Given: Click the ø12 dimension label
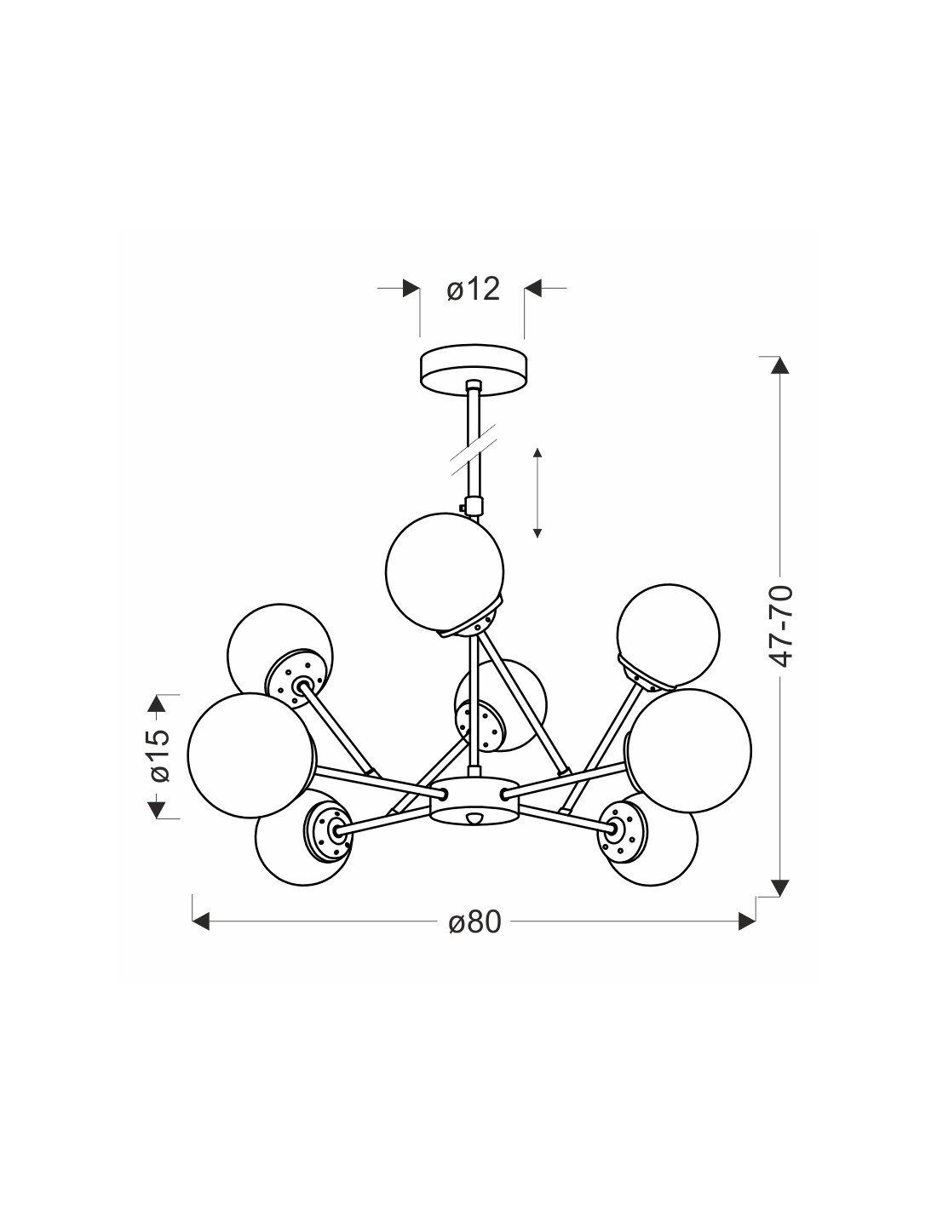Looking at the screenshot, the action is click(473, 290).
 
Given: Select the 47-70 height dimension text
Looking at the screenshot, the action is click(781, 626).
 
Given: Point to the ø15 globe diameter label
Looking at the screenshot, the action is click(159, 755).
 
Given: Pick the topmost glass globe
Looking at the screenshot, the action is click(445, 571).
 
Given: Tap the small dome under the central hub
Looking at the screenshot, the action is click(474, 818).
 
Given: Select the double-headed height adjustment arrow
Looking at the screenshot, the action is click(537, 492).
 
